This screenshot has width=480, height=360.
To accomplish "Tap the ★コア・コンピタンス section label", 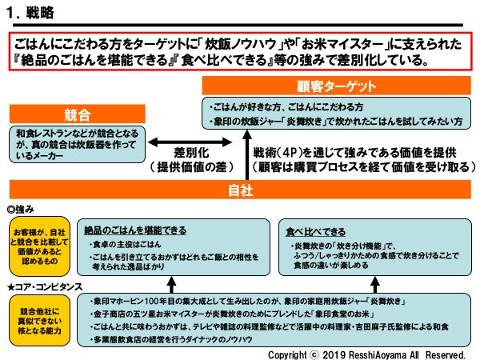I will pyautogui.click(x=45, y=285).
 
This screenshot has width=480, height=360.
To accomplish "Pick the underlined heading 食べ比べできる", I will pyautogui.click(x=317, y=230).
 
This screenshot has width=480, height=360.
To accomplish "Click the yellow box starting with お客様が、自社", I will pyautogui.click(x=38, y=243).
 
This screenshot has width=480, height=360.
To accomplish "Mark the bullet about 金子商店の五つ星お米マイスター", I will pyautogui.click(x=232, y=314).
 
